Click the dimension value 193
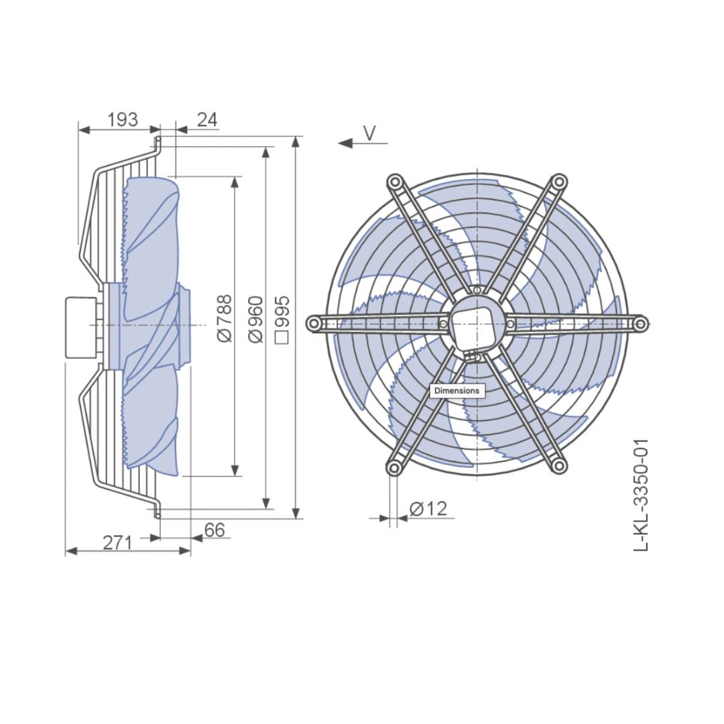pyautogui.click(x=123, y=119)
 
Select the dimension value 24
pyautogui.click(x=207, y=119)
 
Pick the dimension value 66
pyautogui.click(x=215, y=530)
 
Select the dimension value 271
pyautogui.click(x=117, y=543)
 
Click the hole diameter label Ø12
pyautogui.click(x=428, y=509)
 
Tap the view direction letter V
pyautogui.click(x=369, y=133)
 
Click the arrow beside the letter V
pyautogui.click(x=363, y=144)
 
